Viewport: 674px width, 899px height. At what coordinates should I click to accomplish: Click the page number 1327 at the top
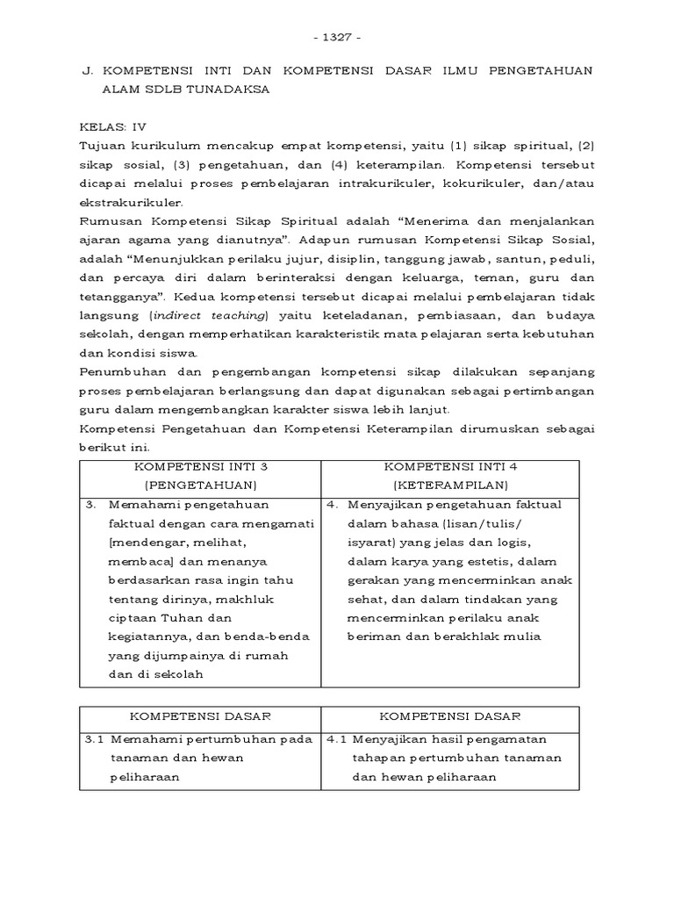tap(337, 38)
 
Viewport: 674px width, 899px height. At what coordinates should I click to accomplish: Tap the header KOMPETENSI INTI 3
tap(200, 466)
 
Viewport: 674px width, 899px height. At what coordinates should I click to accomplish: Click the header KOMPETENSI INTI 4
tap(450, 466)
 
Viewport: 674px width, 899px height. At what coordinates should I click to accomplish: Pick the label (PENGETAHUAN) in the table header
tap(200, 485)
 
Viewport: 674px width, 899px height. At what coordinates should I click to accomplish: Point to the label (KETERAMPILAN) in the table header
tap(450, 485)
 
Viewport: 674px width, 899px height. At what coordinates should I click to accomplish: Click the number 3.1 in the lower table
tap(94, 739)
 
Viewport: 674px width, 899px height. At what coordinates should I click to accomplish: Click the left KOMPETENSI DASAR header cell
tap(200, 716)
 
